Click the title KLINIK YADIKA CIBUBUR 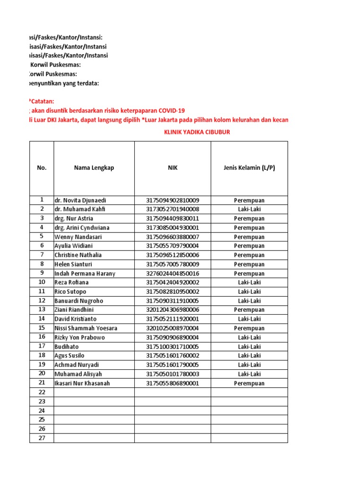coord(197,132)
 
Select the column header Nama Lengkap coord(94,168)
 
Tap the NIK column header coord(173,168)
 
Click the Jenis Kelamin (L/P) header coord(249,168)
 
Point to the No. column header coord(42,168)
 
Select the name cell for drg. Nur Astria coord(74,219)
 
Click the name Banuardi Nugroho coord(79,301)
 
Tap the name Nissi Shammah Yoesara coord(86,328)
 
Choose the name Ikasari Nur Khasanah coord(82,383)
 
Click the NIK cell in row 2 coord(173,209)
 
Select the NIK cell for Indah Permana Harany coord(173,274)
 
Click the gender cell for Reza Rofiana coord(249,283)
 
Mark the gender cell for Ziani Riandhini coord(249,310)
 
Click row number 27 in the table coord(42,438)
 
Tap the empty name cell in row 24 coord(94,411)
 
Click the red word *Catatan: coord(41,101)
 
